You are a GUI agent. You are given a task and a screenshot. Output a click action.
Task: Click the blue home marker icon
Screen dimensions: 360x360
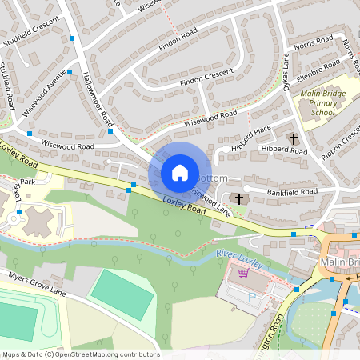tap(180, 173)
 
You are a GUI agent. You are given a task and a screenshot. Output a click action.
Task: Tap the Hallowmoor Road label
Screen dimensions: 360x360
tap(97, 100)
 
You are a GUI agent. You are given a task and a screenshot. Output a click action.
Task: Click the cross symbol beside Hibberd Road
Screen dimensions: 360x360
tap(294, 138)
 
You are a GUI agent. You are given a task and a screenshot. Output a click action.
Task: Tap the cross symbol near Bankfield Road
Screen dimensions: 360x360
tap(238, 198)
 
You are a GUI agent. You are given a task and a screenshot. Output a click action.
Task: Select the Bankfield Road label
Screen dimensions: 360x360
tap(294, 192)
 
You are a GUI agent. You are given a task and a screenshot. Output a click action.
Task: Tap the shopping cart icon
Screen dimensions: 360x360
tap(243, 273)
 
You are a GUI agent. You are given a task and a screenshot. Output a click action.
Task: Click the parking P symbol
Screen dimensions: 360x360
tap(254, 296)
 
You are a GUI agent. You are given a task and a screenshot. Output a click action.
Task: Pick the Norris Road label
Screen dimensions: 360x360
tap(313, 40)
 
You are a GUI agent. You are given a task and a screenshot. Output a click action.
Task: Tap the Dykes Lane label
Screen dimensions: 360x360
tap(286, 72)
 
